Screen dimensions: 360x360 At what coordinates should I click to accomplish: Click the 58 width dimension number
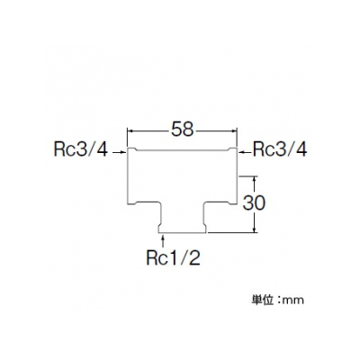pos(183,130)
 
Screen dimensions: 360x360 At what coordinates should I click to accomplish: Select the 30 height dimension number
pos(254,203)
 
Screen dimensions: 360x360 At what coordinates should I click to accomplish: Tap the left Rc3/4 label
pos(81,149)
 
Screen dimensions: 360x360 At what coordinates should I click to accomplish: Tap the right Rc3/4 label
pos(280,149)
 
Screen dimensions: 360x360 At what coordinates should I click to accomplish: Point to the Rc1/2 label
pos(174,257)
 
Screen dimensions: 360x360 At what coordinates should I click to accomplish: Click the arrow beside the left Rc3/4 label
pos(119,153)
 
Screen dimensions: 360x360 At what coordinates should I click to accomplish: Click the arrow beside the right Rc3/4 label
pos(246,153)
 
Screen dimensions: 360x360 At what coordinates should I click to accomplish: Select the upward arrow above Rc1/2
pos(163,241)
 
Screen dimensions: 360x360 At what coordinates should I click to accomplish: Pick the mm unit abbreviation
pos(294,301)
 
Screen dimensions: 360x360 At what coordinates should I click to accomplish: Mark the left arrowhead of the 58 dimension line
pos(130,130)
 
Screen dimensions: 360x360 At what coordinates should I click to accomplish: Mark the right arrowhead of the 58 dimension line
pos(235,130)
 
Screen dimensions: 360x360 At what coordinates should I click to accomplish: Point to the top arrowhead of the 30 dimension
pos(255,179)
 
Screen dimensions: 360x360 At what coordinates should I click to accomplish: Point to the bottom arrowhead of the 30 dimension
pos(255,229)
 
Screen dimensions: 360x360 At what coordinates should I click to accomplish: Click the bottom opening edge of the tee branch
pos(182,232)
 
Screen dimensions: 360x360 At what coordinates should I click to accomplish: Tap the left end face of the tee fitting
pos(128,176)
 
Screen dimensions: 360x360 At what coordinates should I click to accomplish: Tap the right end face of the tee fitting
pos(237,176)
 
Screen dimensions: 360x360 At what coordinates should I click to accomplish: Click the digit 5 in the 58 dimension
pos(176,130)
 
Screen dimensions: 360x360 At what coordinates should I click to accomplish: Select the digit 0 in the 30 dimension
pos(260,203)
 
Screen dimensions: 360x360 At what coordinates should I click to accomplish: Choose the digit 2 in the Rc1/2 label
pos(195,257)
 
